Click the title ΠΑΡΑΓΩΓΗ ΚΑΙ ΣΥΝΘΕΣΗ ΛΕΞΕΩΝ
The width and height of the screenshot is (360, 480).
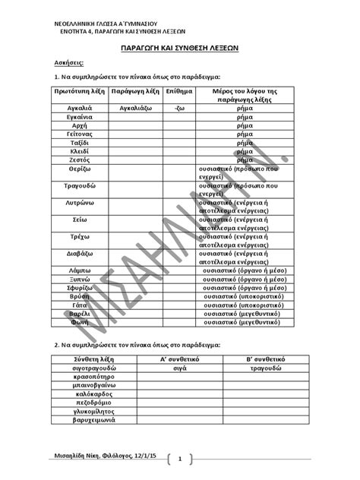point(181,46)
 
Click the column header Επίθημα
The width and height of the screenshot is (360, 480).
point(178,90)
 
